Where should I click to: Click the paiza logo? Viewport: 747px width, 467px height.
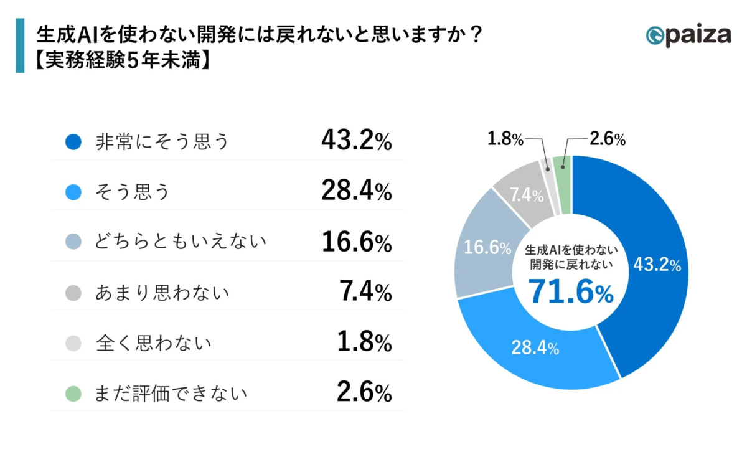pyautogui.click(x=688, y=35)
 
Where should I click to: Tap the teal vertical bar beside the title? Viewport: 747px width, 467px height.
pyautogui.click(x=20, y=45)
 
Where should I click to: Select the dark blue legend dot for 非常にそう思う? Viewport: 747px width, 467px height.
pyautogui.click(x=73, y=142)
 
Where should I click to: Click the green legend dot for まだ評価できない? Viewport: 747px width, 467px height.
pyautogui.click(x=73, y=393)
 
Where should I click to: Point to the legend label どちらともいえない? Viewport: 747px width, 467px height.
pyautogui.click(x=181, y=242)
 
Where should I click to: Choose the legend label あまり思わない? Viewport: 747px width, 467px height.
pyautogui.click(x=162, y=293)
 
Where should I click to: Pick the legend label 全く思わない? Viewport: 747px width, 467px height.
pyautogui.click(x=153, y=342)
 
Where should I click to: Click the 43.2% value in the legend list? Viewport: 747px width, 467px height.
pyautogui.click(x=356, y=142)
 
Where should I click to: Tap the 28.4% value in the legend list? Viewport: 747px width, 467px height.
pyautogui.click(x=356, y=192)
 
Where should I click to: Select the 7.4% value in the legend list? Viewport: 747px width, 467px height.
pyautogui.click(x=366, y=292)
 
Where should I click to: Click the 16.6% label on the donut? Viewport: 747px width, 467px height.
pyautogui.click(x=483, y=248)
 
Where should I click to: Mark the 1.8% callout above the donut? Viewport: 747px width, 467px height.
pyautogui.click(x=505, y=139)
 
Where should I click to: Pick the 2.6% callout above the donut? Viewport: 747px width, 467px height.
pyautogui.click(x=606, y=139)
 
